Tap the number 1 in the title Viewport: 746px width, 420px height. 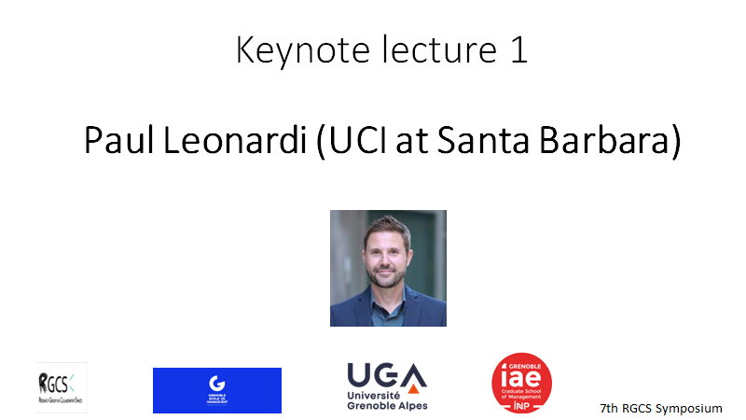pyautogui.click(x=519, y=51)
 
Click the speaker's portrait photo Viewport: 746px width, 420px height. pyautogui.click(x=388, y=268)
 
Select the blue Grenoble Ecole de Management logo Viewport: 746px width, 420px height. pyautogui.click(x=217, y=390)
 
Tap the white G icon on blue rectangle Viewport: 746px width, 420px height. pyautogui.click(x=217, y=383)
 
